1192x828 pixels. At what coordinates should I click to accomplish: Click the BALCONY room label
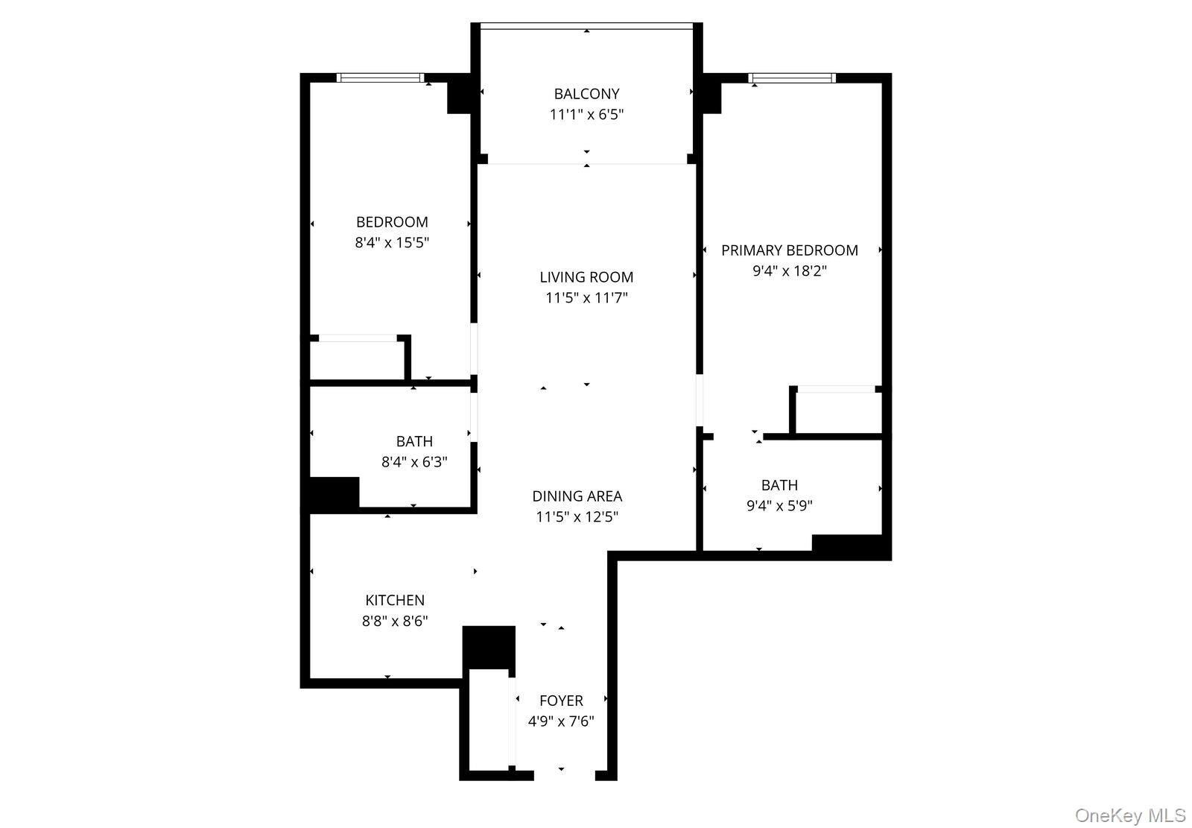(x=586, y=94)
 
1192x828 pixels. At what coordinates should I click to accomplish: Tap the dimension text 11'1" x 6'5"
(x=586, y=115)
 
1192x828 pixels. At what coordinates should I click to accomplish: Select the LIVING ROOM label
(x=586, y=277)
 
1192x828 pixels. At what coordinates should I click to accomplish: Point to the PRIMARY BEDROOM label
(x=790, y=250)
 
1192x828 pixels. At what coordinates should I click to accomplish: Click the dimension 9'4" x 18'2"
(x=790, y=271)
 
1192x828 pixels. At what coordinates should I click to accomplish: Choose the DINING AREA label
(x=577, y=496)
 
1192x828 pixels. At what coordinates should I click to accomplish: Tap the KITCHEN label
(x=395, y=600)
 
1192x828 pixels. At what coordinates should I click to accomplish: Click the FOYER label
(x=562, y=701)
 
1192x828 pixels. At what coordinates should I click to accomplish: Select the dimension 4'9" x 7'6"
(x=561, y=721)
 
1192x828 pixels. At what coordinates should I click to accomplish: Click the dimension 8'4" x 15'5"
(x=392, y=243)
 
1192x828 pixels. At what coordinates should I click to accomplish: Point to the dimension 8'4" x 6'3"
(x=414, y=461)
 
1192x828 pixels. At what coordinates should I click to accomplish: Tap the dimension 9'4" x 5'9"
(x=779, y=505)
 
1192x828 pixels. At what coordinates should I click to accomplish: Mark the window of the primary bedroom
(x=792, y=78)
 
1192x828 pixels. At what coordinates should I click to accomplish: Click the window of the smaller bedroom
(x=381, y=78)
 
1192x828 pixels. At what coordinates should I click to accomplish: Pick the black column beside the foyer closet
(x=489, y=647)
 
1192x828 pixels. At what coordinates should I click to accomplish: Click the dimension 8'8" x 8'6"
(x=395, y=621)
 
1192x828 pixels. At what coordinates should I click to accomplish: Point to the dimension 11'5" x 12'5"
(x=577, y=517)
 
